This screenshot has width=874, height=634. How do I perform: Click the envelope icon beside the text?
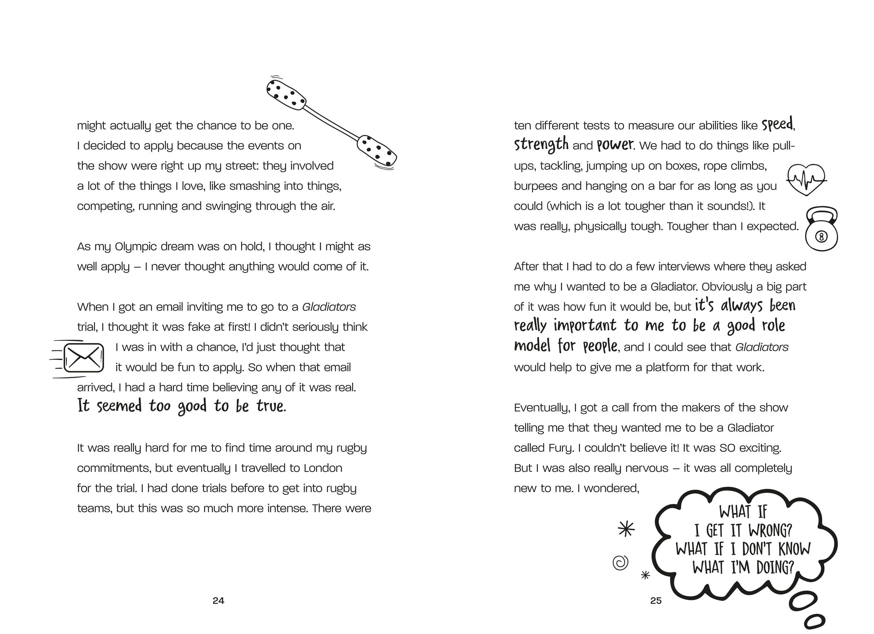pyautogui.click(x=84, y=358)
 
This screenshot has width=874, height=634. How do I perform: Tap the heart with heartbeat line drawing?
pyautogui.click(x=806, y=179)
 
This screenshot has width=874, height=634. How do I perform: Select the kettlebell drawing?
pyautogui.click(x=822, y=230)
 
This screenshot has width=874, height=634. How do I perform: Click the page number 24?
pyautogui.click(x=218, y=600)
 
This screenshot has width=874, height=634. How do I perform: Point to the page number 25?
pyautogui.click(x=655, y=600)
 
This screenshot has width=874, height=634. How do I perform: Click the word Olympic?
pyautogui.click(x=135, y=246)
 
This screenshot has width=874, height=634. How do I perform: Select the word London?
pyautogui.click(x=323, y=468)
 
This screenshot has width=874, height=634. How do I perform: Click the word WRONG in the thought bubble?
pyautogui.click(x=770, y=531)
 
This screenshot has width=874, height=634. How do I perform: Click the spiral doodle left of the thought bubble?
pyautogui.click(x=621, y=563)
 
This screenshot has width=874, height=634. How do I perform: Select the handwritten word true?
pyautogui.click(x=271, y=406)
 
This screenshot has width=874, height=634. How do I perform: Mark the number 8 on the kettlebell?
pyautogui.click(x=821, y=237)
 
